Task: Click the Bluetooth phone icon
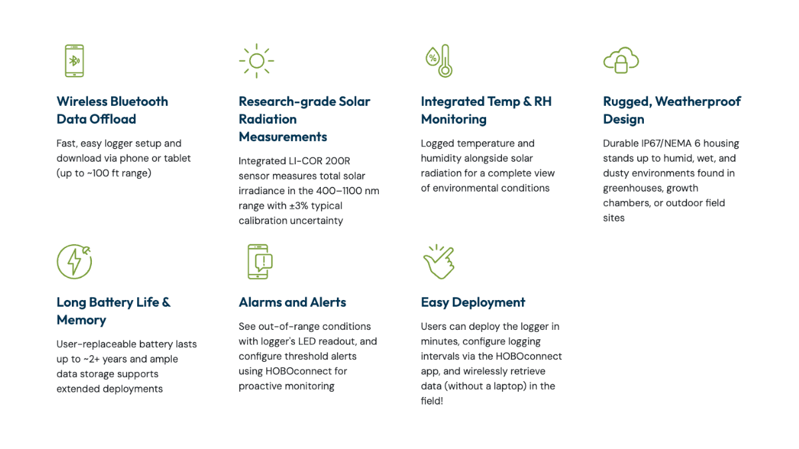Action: [x=74, y=61]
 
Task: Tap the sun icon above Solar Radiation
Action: [x=256, y=61]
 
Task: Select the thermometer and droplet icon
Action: [x=439, y=61]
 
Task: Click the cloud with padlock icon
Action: [x=621, y=61]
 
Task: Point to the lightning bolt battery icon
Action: [x=74, y=261]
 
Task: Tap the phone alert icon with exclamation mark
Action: [x=260, y=261]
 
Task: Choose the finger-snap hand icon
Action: [x=439, y=261]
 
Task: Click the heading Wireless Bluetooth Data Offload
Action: [x=112, y=110]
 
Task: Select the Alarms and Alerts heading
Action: [x=292, y=302]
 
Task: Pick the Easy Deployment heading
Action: [x=473, y=303]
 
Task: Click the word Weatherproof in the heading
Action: [x=698, y=102]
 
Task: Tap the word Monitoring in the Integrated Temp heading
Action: [x=453, y=119]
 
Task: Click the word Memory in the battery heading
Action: [x=81, y=321]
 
